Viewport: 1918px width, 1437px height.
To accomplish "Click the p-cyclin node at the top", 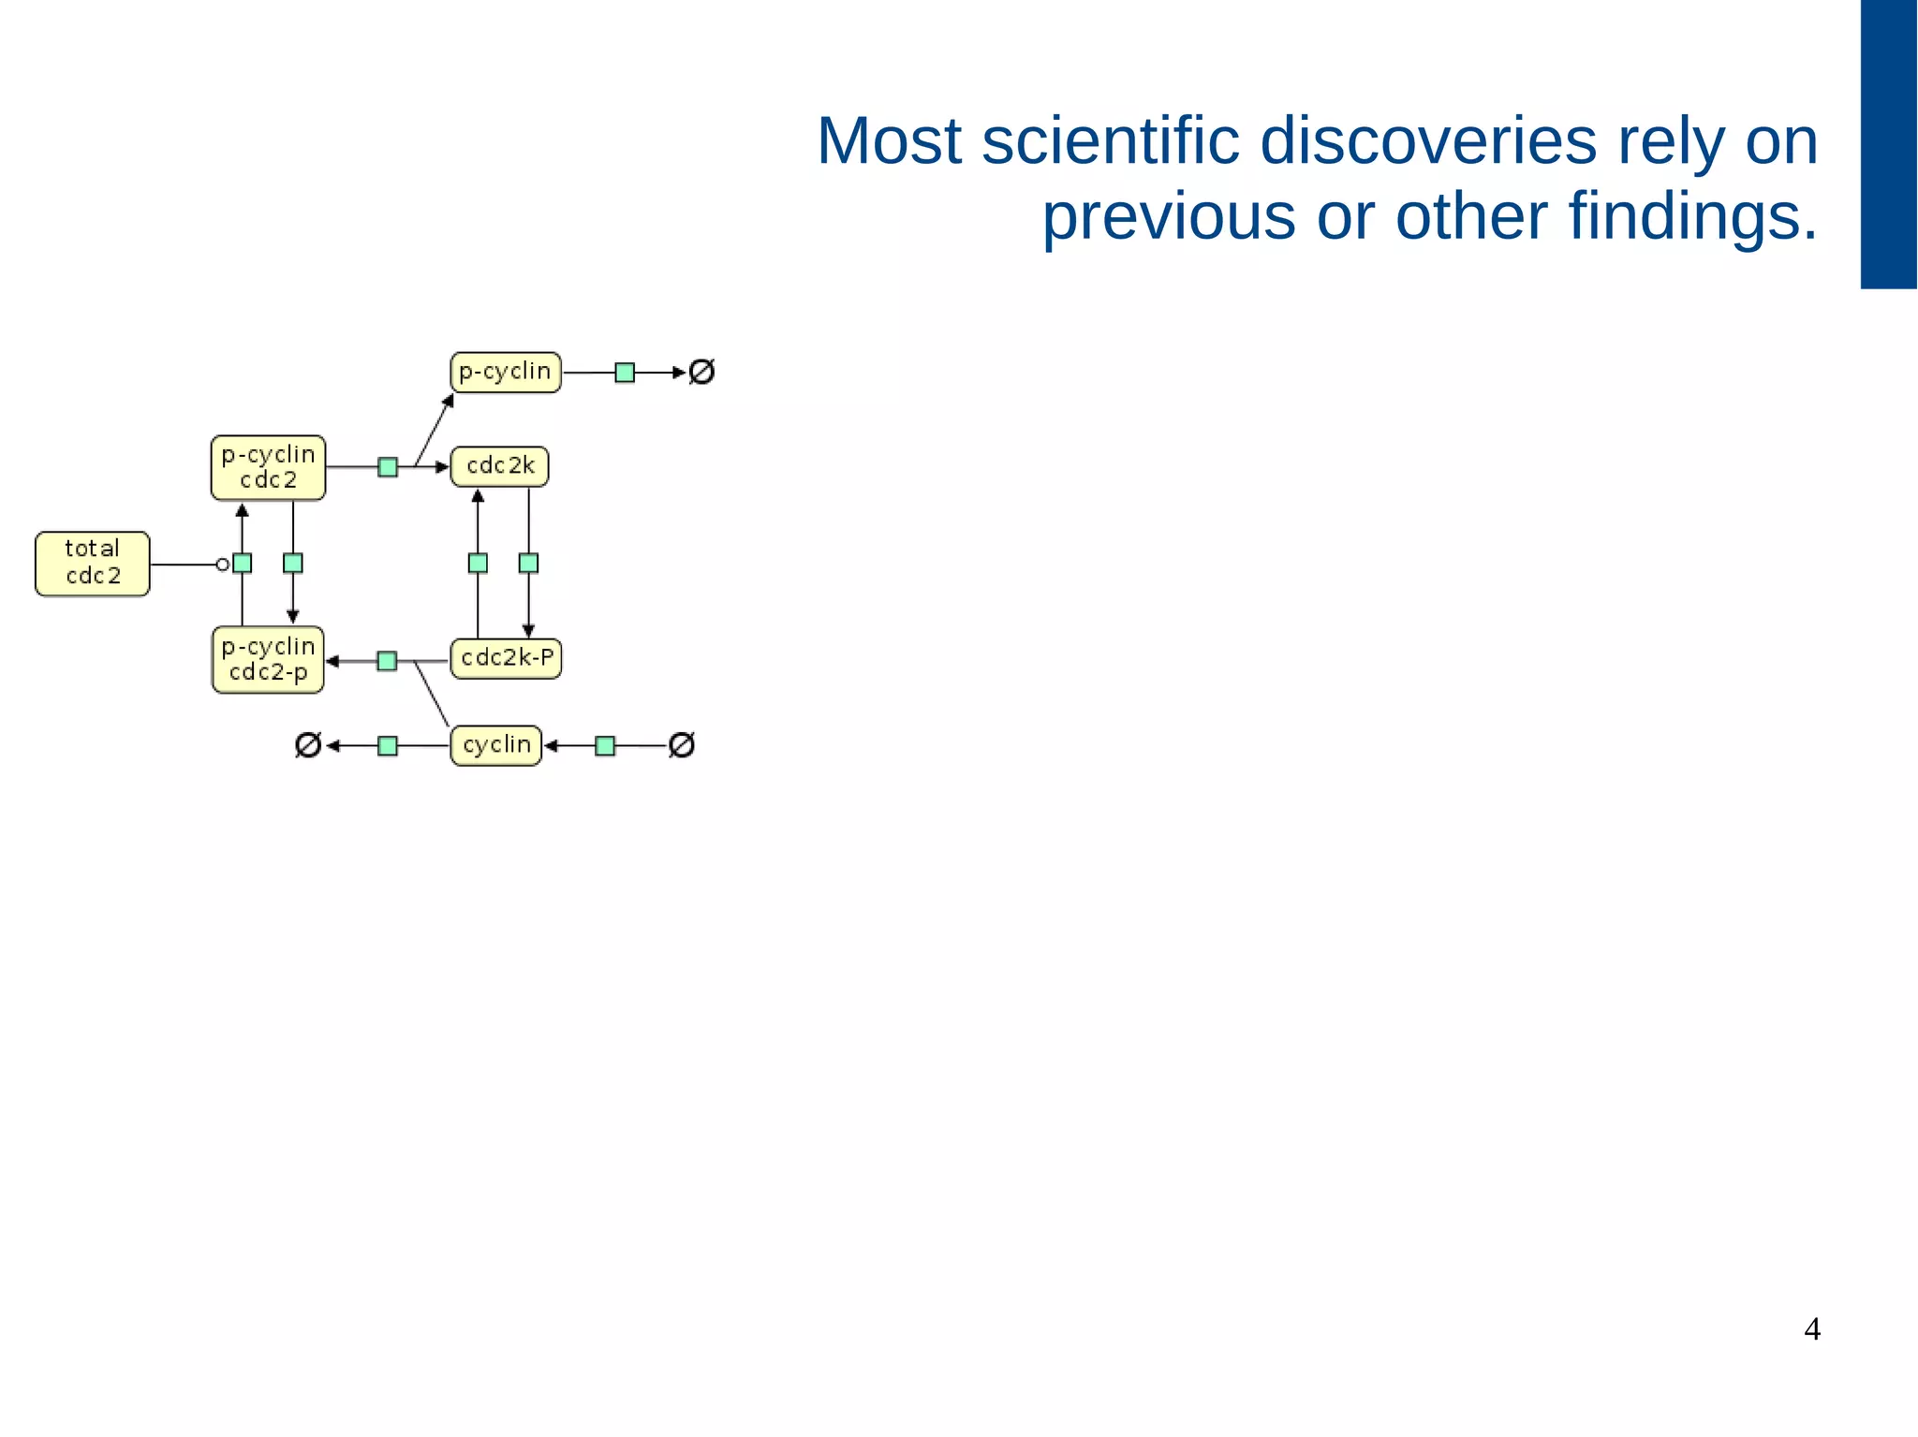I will click(x=506, y=373).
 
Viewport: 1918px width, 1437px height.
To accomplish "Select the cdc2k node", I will click(x=500, y=466).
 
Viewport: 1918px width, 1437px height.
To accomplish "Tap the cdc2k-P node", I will click(x=506, y=658).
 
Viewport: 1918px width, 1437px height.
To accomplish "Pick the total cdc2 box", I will click(x=93, y=564).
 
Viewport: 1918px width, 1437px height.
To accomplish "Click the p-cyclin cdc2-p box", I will click(x=268, y=660).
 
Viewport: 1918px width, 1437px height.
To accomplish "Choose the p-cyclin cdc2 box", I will click(x=268, y=467).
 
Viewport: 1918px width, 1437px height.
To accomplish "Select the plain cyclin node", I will click(x=496, y=746).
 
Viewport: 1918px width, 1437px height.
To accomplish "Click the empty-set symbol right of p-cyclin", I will click(x=701, y=373).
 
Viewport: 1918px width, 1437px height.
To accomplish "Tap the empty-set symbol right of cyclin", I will click(x=682, y=746).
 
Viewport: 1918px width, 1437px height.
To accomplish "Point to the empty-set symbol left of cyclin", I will click(x=308, y=746).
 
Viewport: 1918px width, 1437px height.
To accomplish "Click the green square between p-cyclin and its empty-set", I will click(x=625, y=373).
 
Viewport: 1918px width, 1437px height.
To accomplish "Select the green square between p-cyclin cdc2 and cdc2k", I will click(x=388, y=467).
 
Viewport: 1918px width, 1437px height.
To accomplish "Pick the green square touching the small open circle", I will click(x=243, y=564).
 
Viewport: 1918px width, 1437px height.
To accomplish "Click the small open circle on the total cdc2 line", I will click(x=223, y=565).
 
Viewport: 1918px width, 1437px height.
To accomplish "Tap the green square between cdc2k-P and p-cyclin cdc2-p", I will click(x=387, y=662).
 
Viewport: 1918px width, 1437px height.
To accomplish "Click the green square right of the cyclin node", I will click(x=605, y=746).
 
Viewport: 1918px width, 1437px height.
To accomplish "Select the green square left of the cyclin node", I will click(x=388, y=746).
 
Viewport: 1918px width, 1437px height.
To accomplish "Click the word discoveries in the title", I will click(x=1427, y=142).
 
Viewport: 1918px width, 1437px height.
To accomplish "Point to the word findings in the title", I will click(x=1692, y=217).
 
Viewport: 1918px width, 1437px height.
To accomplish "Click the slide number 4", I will click(x=1812, y=1329).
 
